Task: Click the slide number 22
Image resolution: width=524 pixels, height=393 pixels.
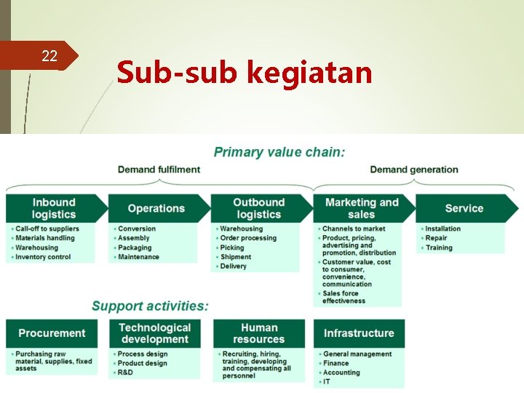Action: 49,56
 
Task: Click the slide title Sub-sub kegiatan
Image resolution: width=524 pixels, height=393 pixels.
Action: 244,73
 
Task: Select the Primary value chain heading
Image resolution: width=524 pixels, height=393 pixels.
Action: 279,152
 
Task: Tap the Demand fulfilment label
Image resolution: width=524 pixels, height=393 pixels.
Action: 159,170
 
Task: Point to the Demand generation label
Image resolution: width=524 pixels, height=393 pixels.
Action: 414,170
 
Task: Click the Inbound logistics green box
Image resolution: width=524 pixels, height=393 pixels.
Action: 53,208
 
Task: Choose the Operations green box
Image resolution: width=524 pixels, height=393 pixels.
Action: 156,208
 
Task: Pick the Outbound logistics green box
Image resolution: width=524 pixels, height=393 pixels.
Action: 258,208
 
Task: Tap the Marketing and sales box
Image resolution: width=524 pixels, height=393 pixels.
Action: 362,208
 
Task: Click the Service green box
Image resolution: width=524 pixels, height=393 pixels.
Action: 464,208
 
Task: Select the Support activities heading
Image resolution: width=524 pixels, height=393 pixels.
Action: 150,306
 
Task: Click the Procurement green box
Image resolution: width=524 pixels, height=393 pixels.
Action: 52,333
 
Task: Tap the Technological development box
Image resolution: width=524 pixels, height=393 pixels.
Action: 155,333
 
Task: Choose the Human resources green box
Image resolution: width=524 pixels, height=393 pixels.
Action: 259,333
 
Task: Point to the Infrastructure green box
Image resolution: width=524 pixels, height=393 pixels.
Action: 359,333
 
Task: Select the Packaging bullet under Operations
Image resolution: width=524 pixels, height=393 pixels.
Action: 135,247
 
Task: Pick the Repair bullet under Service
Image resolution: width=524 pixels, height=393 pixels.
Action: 436,238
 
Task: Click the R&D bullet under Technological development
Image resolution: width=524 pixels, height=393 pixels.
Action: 125,373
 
